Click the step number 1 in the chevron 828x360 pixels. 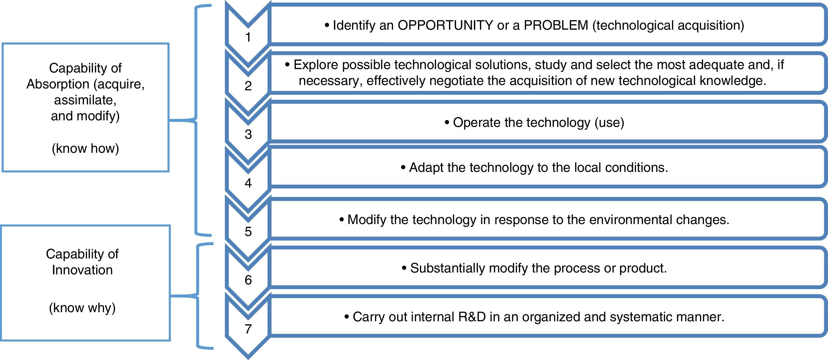click(x=248, y=37)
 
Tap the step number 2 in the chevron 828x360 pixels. click(x=248, y=86)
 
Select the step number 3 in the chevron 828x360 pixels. click(x=248, y=134)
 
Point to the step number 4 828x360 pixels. click(x=248, y=183)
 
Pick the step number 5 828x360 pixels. click(x=248, y=232)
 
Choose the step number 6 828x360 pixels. click(x=248, y=280)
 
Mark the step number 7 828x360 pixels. click(x=248, y=329)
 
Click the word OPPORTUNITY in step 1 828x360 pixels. click(x=445, y=25)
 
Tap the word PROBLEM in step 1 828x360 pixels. click(x=556, y=25)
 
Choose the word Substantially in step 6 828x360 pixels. click(x=447, y=268)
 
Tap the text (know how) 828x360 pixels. click(x=86, y=148)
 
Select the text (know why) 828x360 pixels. click(x=82, y=308)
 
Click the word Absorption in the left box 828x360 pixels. click(x=58, y=84)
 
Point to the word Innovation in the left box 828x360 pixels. click(x=82, y=270)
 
